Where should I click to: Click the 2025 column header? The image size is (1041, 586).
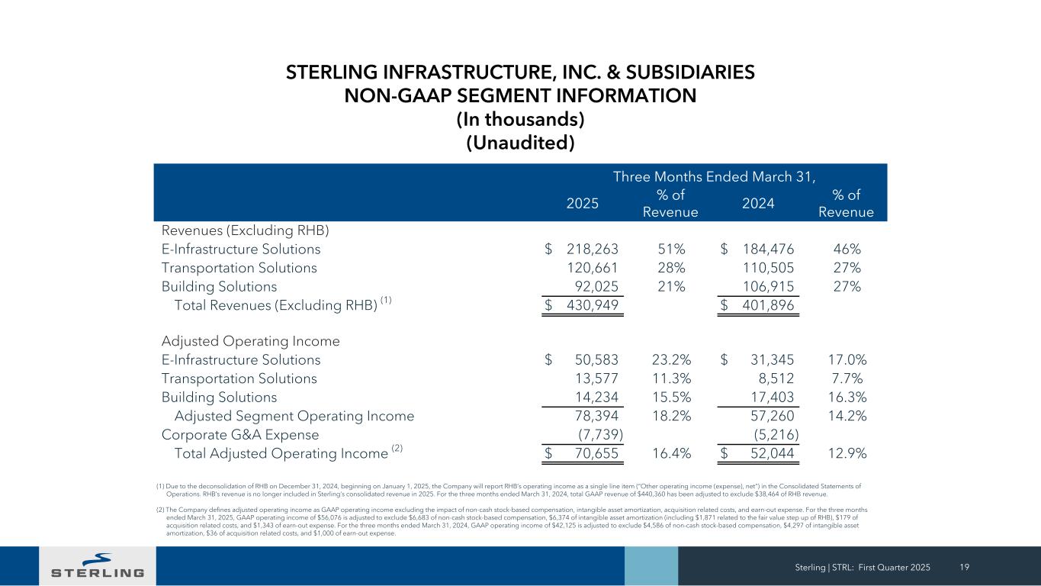583,203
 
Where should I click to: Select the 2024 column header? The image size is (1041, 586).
758,203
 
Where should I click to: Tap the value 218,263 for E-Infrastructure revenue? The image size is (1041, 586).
593,249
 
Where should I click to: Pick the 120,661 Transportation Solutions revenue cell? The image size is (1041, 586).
593,268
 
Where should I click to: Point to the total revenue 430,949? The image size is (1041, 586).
593,306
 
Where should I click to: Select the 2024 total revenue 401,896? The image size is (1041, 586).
768,306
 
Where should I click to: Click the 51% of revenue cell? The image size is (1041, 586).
671,249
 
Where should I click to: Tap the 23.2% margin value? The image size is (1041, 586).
671,359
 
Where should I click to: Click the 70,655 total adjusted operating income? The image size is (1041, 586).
596,453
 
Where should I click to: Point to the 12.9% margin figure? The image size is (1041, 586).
847,453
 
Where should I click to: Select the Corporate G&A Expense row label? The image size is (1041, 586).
239,435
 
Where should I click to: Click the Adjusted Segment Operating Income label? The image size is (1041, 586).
294,416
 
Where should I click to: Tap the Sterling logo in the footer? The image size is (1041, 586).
97,565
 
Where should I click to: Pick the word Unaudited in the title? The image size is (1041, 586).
520,143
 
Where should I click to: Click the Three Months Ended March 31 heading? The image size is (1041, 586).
715,178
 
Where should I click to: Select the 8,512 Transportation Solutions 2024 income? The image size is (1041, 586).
773,378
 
